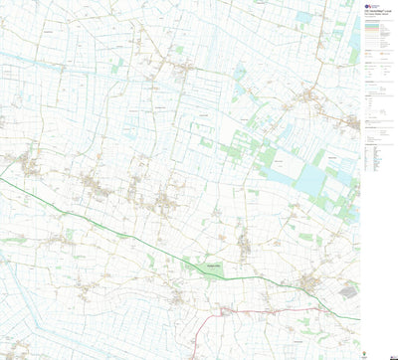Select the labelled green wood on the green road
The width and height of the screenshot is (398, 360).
pyautogui.click(x=212, y=268)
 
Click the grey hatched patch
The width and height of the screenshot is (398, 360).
pyautogui.click(x=348, y=290)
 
